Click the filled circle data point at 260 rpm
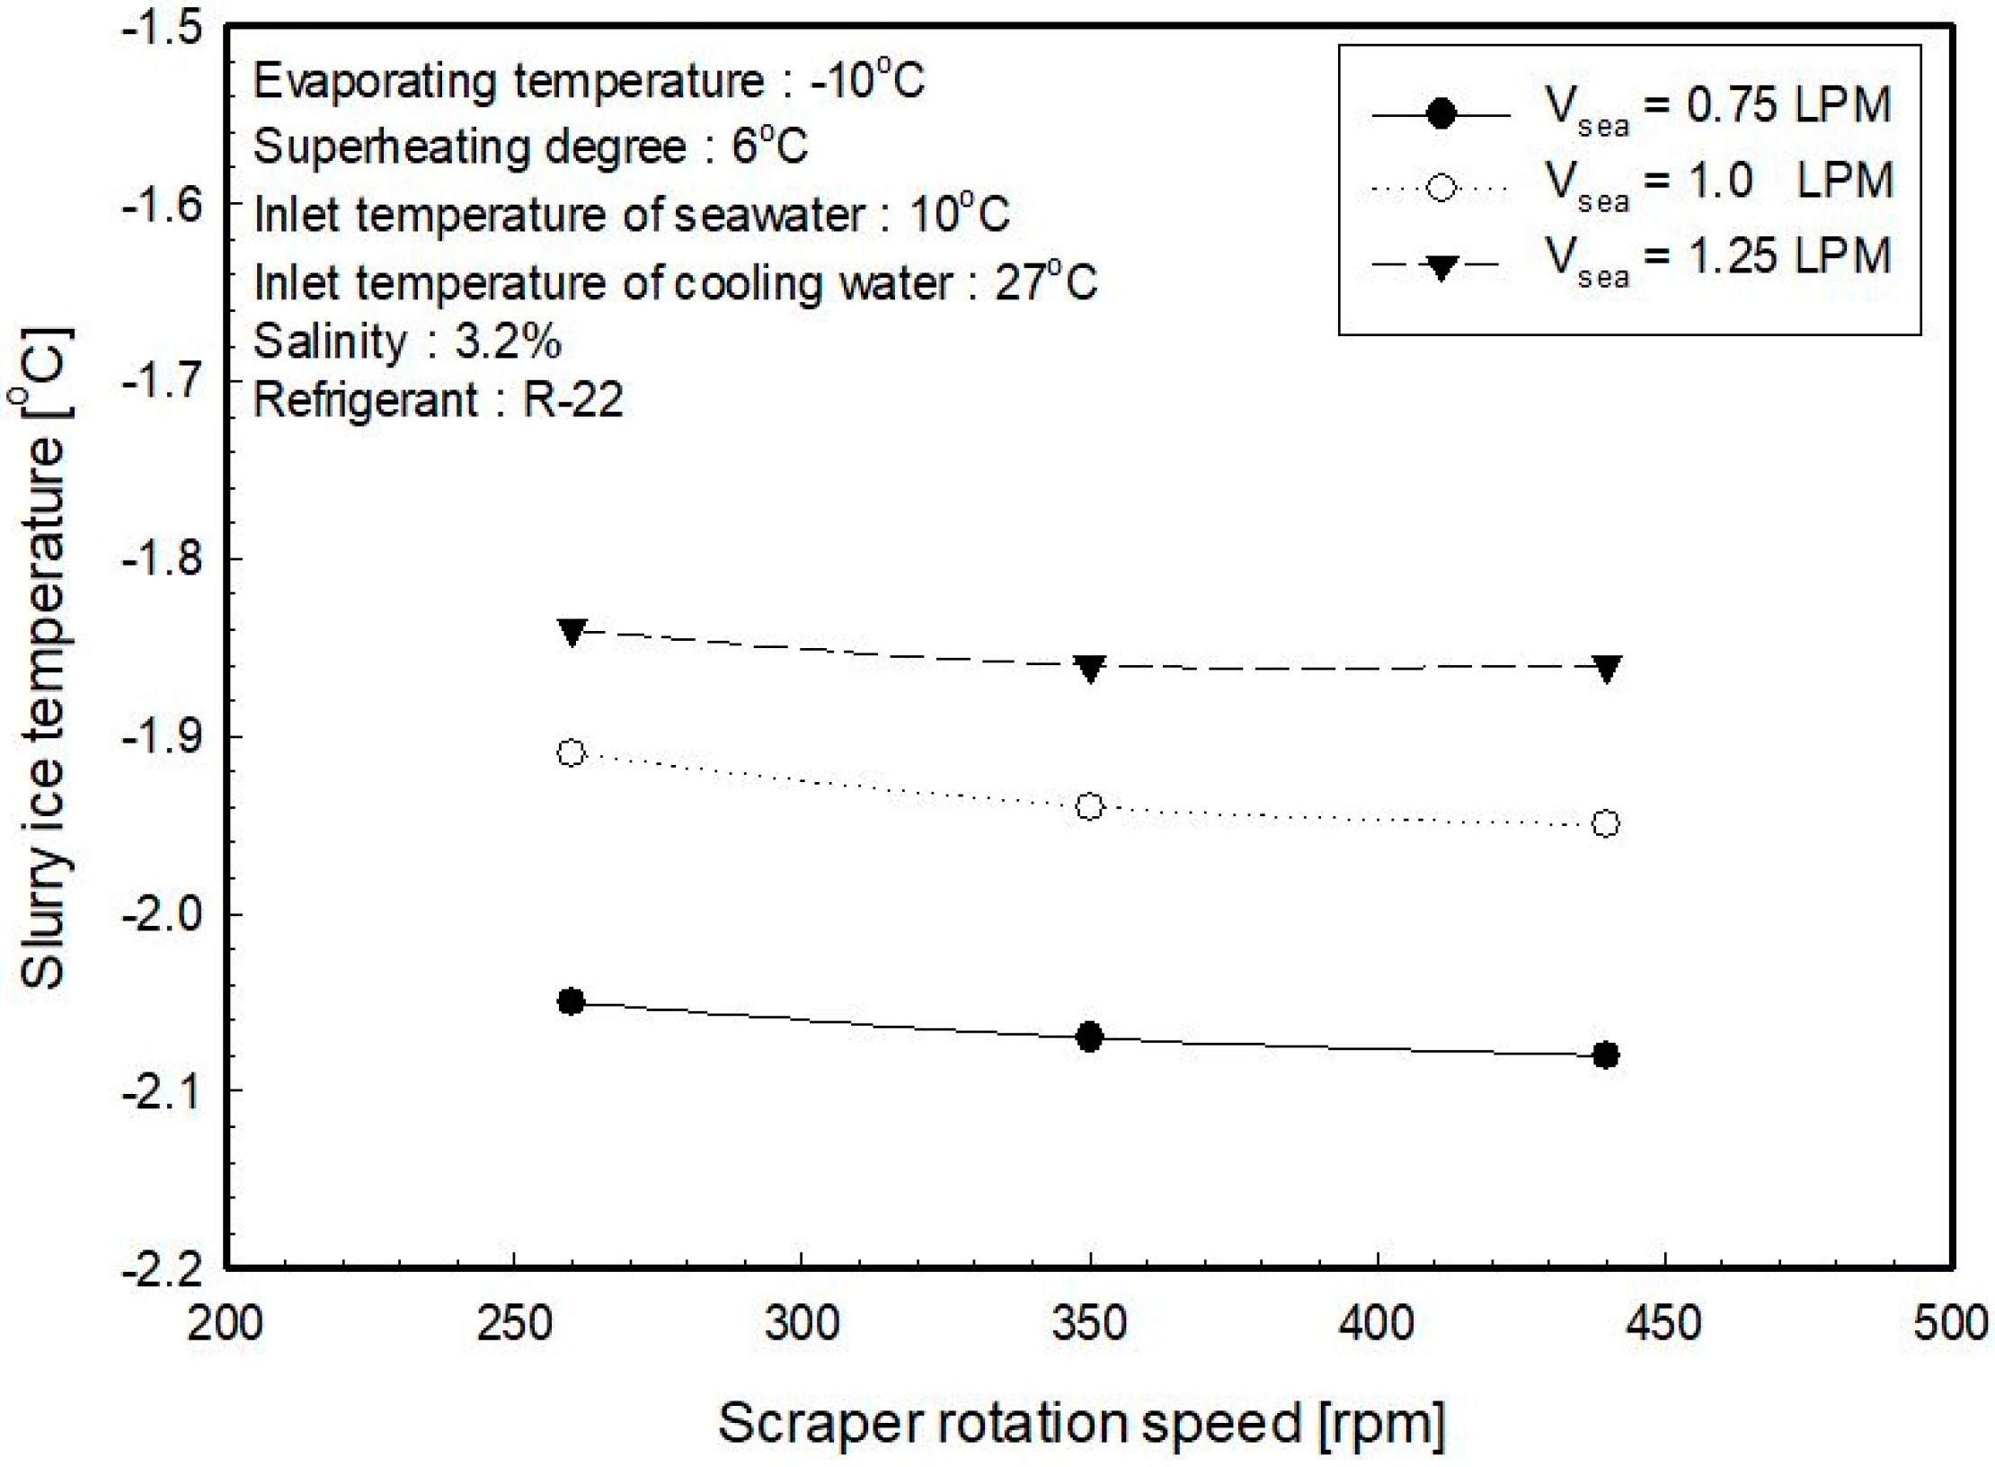(571, 1001)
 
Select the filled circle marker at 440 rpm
(1605, 1054)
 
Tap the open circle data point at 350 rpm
(1089, 806)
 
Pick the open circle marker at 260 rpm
(571, 752)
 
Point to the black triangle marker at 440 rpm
(1606, 668)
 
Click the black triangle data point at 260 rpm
(572, 632)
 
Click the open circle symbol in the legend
(1441, 188)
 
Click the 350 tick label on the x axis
(1089, 1324)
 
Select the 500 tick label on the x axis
(1950, 1324)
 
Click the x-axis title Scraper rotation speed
(1081, 1424)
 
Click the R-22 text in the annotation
(573, 400)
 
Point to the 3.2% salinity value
(508, 342)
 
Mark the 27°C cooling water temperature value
(1045, 283)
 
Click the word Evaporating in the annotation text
(373, 83)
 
